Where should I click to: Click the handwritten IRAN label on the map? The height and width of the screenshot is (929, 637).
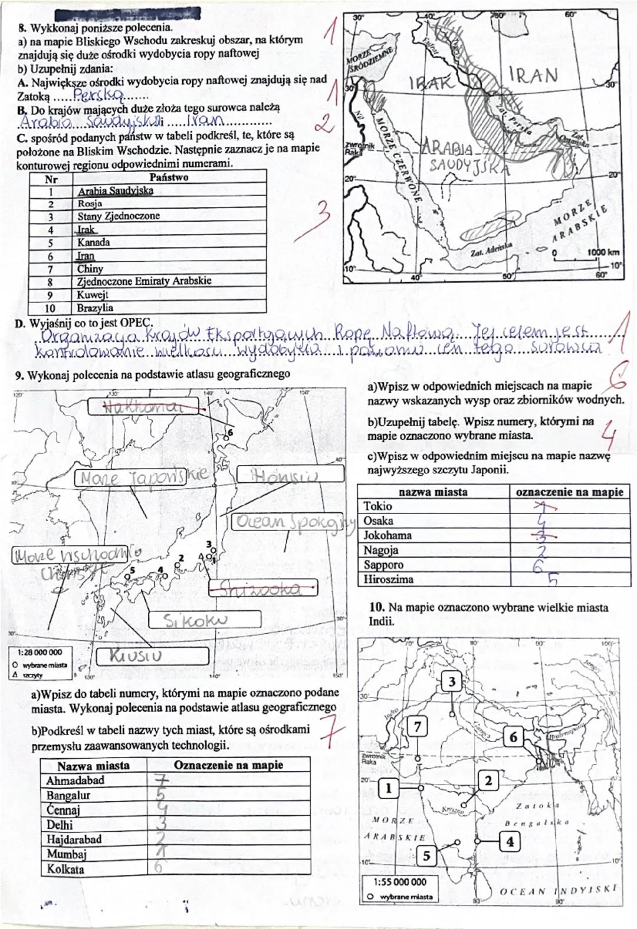[532, 74]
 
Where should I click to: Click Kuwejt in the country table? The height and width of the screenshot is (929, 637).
[93, 294]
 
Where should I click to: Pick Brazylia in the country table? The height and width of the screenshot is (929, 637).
[96, 308]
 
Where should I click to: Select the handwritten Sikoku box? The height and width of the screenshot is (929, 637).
[204, 620]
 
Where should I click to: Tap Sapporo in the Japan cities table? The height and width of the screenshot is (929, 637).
[384, 565]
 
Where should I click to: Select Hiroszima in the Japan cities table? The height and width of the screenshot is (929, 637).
[388, 579]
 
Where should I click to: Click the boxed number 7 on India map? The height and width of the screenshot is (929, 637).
[418, 726]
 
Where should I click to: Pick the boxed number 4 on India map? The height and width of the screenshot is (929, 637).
[510, 842]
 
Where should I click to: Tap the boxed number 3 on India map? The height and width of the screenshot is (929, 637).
[451, 682]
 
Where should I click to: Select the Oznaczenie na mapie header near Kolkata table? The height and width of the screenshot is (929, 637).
[228, 765]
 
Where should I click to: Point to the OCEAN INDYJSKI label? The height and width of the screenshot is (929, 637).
[557, 890]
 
